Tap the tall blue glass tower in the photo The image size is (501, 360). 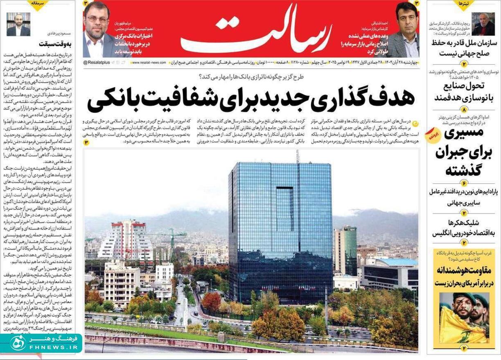(280, 229)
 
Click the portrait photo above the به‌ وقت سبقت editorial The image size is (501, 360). (18, 24)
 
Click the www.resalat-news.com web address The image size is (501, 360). (149, 63)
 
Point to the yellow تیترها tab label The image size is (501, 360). (464, 4)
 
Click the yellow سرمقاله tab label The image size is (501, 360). (38, 3)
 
